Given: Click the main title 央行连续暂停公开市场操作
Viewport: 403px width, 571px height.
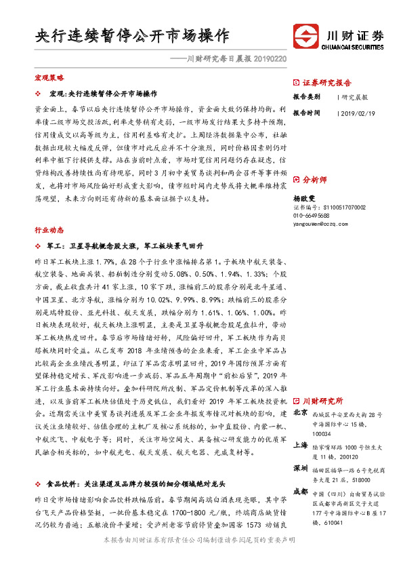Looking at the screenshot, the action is click(132, 35).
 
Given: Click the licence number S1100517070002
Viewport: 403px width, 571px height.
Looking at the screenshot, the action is click(326, 206).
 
